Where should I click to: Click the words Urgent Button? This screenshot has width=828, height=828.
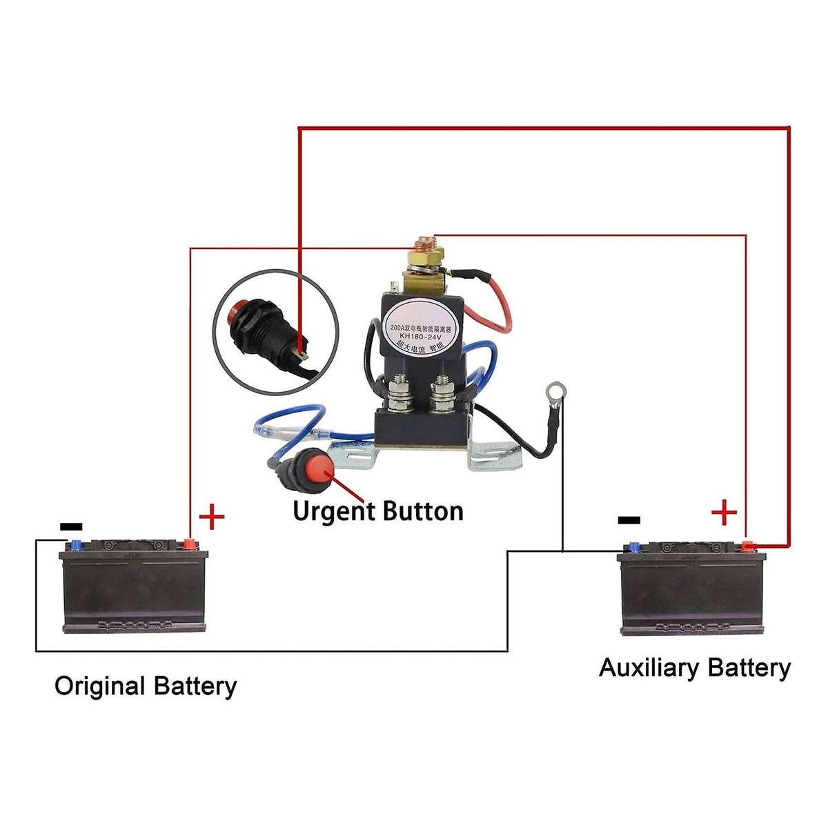[x=377, y=512]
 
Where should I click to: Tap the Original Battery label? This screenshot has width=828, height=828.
[x=145, y=687]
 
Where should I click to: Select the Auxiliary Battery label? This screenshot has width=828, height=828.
[x=694, y=668]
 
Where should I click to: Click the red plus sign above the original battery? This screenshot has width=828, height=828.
[x=212, y=517]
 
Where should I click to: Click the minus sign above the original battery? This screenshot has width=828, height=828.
[x=71, y=526]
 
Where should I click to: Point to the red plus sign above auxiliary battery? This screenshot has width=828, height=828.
[x=724, y=512]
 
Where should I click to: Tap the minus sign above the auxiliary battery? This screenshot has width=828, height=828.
[x=629, y=520]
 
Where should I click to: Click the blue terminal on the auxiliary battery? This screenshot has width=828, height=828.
[x=630, y=548]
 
